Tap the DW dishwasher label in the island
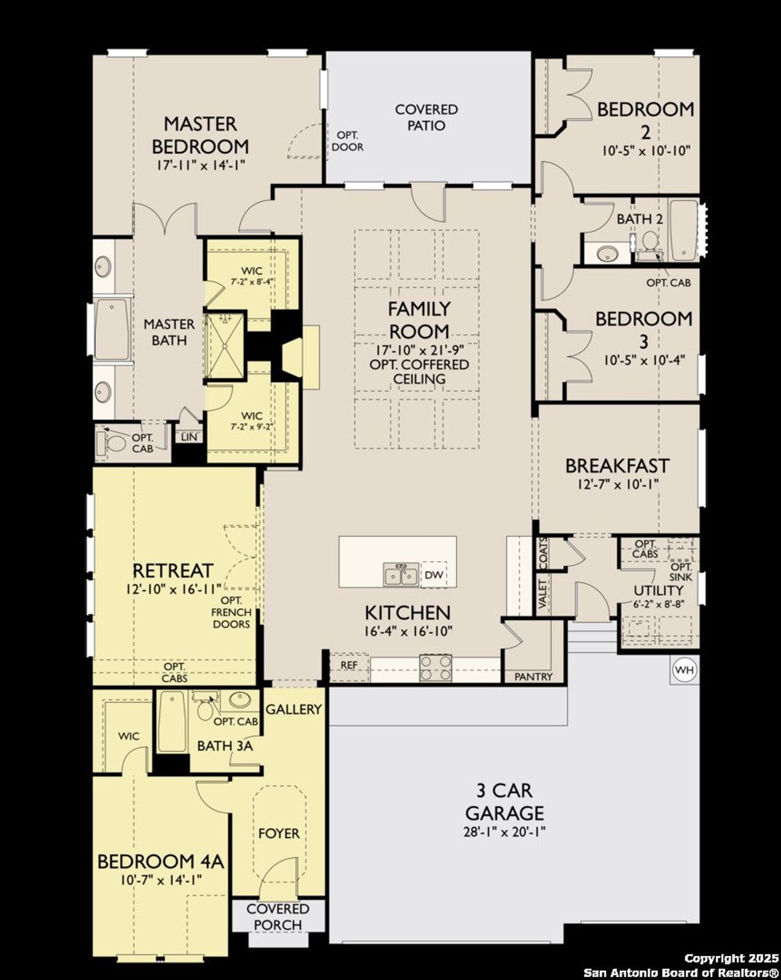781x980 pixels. (433, 575)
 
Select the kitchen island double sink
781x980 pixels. (401, 574)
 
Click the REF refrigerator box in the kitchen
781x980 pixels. (349, 665)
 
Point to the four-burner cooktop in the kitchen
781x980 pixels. (436, 667)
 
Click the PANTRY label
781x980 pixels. (533, 676)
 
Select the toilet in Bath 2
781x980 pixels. (649, 244)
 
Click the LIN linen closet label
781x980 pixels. (189, 437)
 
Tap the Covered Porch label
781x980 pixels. (278, 917)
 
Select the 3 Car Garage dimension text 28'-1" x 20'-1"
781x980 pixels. (504, 832)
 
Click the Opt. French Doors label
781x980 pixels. (231, 612)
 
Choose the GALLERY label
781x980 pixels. (293, 709)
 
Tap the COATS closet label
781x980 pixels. (542, 553)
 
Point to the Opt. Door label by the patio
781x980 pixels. (348, 141)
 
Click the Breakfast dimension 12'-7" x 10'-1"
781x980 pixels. (617, 484)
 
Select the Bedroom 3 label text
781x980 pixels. (644, 327)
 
